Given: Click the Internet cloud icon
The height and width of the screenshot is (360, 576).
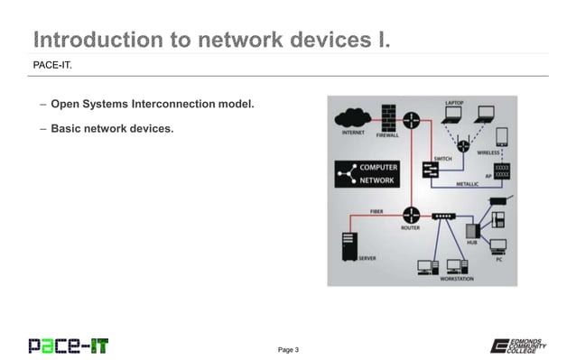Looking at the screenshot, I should (349, 118).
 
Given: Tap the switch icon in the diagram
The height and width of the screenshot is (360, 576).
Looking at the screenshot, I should (430, 169).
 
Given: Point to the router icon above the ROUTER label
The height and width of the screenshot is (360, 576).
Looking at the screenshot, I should (411, 214).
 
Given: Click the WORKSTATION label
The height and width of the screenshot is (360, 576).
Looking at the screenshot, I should (456, 279).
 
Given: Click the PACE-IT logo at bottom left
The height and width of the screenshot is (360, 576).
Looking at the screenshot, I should (68, 345).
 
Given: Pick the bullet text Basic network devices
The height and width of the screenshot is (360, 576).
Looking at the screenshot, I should (111, 128).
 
